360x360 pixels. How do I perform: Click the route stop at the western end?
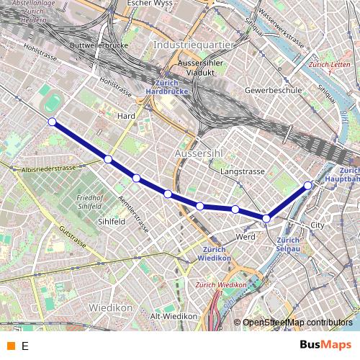pyautogui.click(x=52, y=122)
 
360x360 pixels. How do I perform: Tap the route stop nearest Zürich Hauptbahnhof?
pyautogui.click(x=308, y=185)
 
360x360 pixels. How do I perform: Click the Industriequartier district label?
pyautogui.click(x=194, y=45)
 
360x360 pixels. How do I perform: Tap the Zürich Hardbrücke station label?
pyautogui.click(x=167, y=88)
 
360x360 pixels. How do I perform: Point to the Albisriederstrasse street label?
pyautogui.click(x=49, y=168)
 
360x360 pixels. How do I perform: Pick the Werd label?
pyautogui.click(x=246, y=236)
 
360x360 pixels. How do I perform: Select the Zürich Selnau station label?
pyautogui.click(x=288, y=244)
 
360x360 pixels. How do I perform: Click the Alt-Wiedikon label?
pyautogui.click(x=174, y=316)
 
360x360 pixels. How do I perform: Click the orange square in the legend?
pyautogui.click(x=10, y=346)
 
